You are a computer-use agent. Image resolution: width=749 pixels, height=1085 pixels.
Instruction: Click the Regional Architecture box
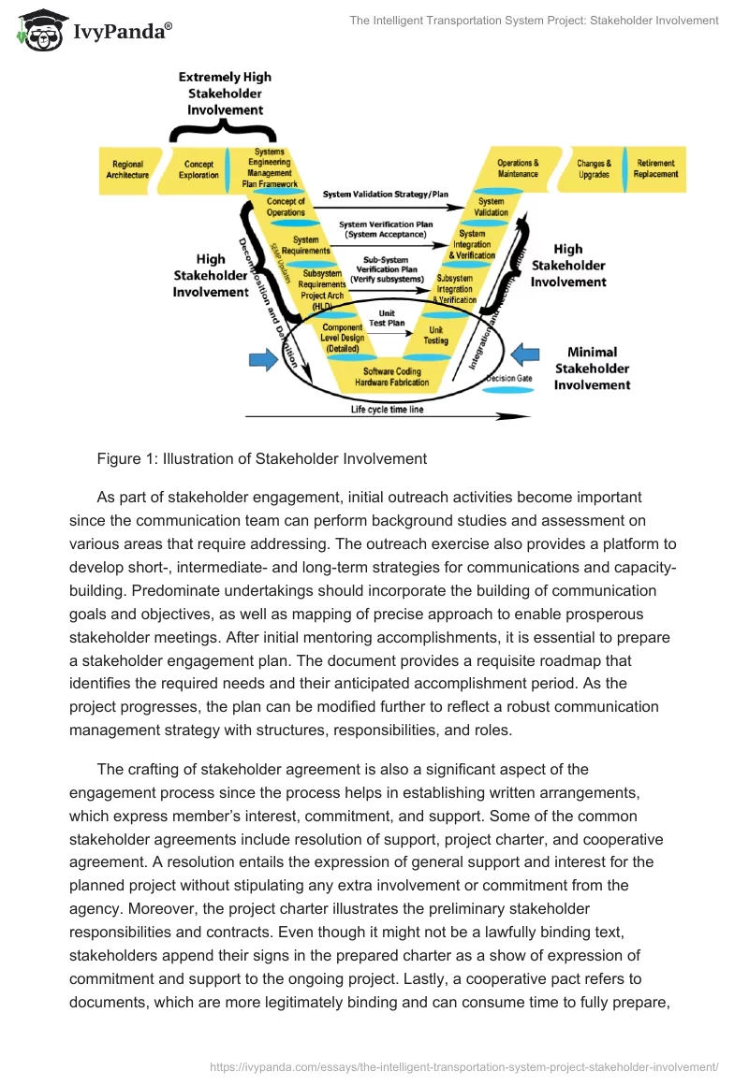point(128,169)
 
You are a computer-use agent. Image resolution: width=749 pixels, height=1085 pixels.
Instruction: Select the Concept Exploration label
point(198,169)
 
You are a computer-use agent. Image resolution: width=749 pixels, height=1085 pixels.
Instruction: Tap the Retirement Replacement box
point(655,168)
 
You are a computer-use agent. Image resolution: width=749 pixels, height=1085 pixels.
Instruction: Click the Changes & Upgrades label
point(594,168)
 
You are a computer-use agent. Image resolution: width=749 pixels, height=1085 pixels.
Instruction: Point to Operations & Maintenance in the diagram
point(518,168)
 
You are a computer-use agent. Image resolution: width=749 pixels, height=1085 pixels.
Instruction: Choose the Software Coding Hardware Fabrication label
point(396,377)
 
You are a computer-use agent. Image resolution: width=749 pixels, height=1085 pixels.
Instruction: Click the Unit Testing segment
point(436,335)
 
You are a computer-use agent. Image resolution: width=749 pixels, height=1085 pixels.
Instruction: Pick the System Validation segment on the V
point(491,206)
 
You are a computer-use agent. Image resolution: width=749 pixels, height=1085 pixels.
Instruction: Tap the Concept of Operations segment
point(286,206)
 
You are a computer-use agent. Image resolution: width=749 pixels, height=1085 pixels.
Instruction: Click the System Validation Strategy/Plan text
point(386,195)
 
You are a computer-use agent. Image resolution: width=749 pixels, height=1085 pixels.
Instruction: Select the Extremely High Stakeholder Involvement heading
point(225,94)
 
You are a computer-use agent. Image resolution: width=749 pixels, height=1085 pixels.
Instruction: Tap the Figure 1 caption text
point(262,458)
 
